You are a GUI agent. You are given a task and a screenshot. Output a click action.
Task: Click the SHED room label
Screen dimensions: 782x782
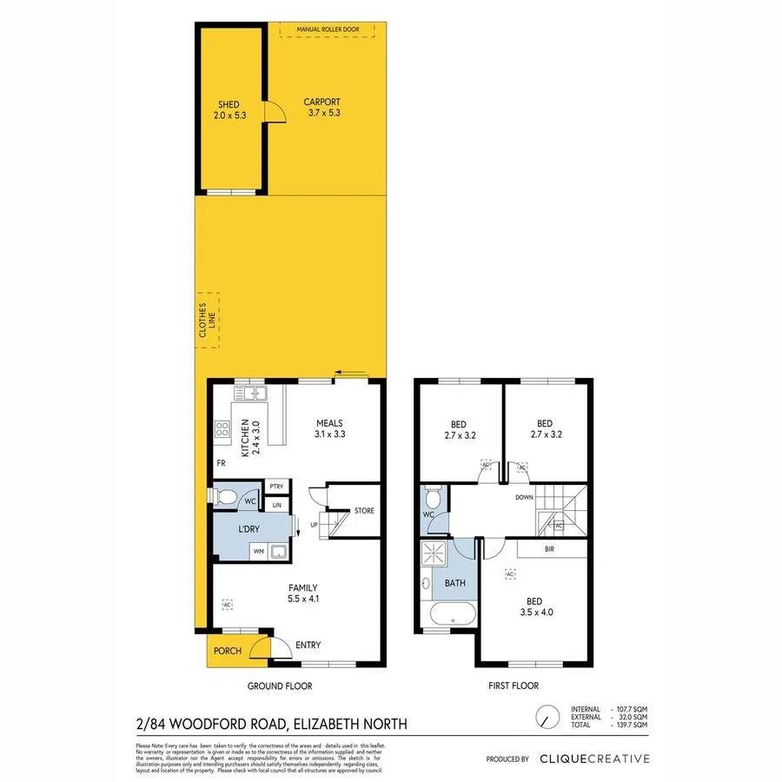tap(229, 104)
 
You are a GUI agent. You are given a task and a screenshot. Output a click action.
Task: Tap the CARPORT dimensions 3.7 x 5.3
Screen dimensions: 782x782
tap(323, 113)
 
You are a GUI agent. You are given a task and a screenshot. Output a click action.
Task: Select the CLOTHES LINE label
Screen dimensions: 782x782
tap(205, 321)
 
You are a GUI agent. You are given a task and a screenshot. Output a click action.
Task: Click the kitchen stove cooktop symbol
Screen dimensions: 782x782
tap(222, 427)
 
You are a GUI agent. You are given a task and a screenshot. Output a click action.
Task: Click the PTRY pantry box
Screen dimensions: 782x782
tap(276, 487)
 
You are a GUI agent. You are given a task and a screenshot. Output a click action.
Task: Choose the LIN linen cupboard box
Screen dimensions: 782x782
tap(276, 505)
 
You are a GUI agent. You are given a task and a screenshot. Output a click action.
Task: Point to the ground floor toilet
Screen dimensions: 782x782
tap(226, 496)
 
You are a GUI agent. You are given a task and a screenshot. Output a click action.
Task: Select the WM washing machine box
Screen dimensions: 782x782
tap(258, 551)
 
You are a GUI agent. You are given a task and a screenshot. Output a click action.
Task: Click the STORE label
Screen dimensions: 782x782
tap(364, 511)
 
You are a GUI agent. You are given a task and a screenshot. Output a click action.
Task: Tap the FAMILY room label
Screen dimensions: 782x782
tap(302, 587)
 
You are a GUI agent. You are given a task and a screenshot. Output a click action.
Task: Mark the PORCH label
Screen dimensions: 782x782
tap(228, 651)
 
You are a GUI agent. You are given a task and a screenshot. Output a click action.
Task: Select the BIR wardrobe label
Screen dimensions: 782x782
tap(549, 549)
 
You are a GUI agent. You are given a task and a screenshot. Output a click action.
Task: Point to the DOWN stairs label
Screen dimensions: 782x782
tap(524, 499)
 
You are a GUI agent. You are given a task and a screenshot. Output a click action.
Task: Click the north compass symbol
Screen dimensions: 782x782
tap(545, 717)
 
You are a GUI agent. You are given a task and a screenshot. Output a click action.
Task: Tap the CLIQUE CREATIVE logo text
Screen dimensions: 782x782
tap(593, 759)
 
